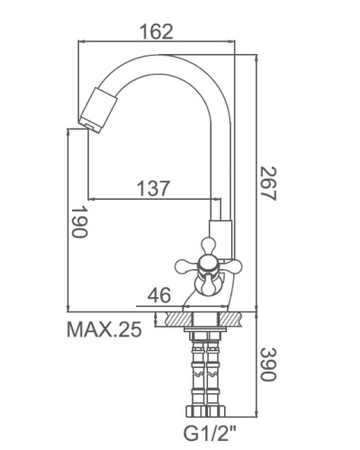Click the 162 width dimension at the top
(x=157, y=31)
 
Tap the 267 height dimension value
(x=267, y=184)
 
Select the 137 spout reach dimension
(x=153, y=188)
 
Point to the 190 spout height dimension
(x=80, y=221)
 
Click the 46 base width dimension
(x=159, y=294)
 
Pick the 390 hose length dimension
(x=267, y=364)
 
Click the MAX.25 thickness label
(x=103, y=329)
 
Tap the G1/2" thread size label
(x=210, y=433)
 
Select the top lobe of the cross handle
(x=208, y=244)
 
